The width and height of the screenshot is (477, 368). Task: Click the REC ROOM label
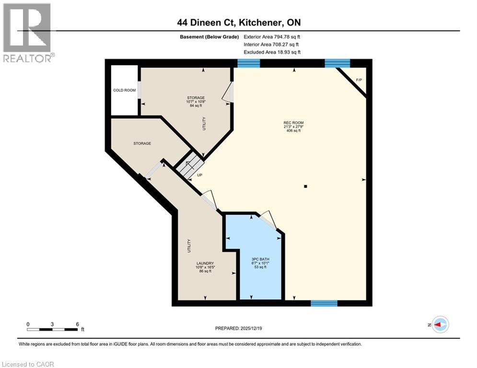coord(293,123)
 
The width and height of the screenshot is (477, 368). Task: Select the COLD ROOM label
coord(124,90)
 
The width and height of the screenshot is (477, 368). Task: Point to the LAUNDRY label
coord(205,263)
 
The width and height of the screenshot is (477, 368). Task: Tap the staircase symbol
coord(187,164)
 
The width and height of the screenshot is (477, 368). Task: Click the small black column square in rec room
coord(305,186)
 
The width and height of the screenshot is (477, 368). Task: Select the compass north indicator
coord(440,324)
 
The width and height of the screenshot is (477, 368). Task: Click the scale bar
coord(52,329)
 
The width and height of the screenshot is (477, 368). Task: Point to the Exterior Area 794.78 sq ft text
coord(272,36)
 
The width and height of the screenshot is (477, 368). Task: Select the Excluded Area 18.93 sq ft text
coord(272,52)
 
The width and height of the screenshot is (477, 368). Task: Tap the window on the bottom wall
coord(324,303)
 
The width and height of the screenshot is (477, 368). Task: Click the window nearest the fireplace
coord(337,63)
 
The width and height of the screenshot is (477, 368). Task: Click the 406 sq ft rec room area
coord(293,131)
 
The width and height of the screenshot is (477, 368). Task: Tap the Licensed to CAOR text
coord(28,364)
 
